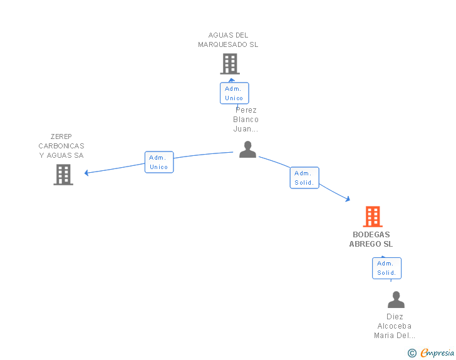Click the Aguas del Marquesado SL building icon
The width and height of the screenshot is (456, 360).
pos(230,63)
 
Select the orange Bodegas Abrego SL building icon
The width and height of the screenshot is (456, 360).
pos(373,217)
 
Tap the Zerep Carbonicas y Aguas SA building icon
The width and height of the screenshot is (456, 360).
pos(63,175)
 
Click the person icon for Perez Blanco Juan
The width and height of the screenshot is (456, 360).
pos(248,149)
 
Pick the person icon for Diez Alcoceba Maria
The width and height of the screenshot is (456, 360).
pos(396,300)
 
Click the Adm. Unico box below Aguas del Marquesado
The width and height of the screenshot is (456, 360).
pos(234,93)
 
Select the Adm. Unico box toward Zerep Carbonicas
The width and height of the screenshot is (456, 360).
pos(159,162)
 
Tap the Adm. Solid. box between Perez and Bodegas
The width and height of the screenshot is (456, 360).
pos(305,178)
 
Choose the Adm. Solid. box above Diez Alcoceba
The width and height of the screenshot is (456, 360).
pos(386,268)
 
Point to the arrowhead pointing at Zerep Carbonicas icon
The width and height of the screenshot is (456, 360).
pos(87,173)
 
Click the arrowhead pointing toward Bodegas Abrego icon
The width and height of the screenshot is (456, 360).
pos(347,199)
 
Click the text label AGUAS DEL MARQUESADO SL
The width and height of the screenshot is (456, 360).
pos(228,40)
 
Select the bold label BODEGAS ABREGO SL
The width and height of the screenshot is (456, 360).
pos(371,239)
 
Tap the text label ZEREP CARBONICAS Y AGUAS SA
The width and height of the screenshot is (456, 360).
pos(61,146)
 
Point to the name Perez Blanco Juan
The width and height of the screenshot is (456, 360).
pos(246,120)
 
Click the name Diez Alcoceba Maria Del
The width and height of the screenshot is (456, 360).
pos(395,326)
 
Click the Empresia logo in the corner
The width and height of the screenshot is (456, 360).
pos(437,353)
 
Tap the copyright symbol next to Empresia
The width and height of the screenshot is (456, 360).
pos(412,353)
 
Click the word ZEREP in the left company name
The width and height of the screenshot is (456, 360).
pos(61,136)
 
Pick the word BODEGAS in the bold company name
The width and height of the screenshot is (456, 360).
pos(371,235)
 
